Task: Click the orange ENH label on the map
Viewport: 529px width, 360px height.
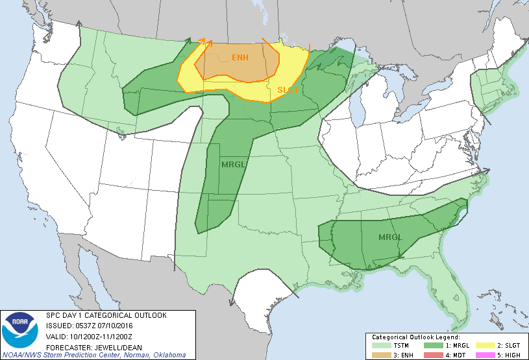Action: (x=241, y=58)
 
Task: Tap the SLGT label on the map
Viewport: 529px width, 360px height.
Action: (x=288, y=90)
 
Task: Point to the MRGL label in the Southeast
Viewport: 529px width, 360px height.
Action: (x=390, y=237)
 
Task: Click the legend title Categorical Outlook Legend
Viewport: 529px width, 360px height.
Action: (x=415, y=338)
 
